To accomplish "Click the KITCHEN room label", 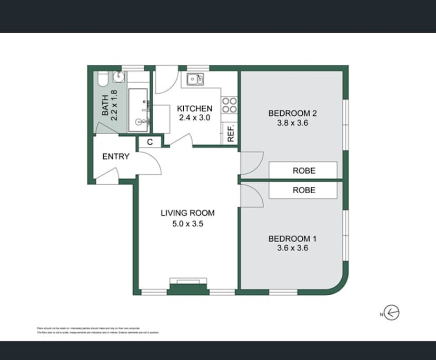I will point(194,108).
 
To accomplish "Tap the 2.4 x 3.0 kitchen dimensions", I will point(194,118).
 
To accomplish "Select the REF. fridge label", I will point(231,134).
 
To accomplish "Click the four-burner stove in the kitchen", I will point(229,105).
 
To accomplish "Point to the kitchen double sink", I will point(196,79).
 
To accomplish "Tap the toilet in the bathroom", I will point(102,79).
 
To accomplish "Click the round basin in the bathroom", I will point(120,77).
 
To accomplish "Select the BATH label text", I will point(105,105).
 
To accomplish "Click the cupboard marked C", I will point(150,142).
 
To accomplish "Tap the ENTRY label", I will point(116,156).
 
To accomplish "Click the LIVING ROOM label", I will point(187,213).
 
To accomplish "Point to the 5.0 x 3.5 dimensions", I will point(187,223).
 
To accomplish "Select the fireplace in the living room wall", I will point(187,288).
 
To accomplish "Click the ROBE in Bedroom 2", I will point(303,171).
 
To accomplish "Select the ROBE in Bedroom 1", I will point(303,190).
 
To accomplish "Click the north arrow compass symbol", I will point(391,313).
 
